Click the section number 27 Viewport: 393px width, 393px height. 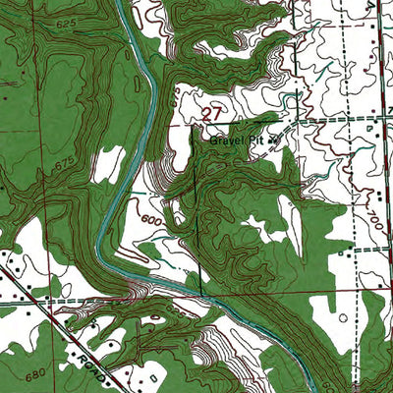[211, 115]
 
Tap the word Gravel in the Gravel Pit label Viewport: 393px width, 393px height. [225, 139]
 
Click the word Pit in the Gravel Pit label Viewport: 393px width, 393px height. [256, 139]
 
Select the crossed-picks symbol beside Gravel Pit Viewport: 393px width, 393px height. [274, 140]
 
